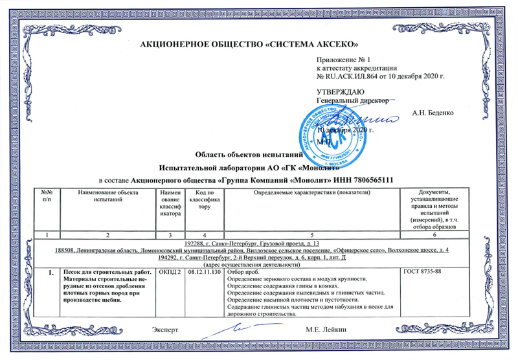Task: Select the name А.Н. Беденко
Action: pyautogui.click(x=433, y=112)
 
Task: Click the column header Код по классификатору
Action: pyautogui.click(x=205, y=200)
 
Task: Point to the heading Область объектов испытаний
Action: pyautogui.click(x=249, y=155)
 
